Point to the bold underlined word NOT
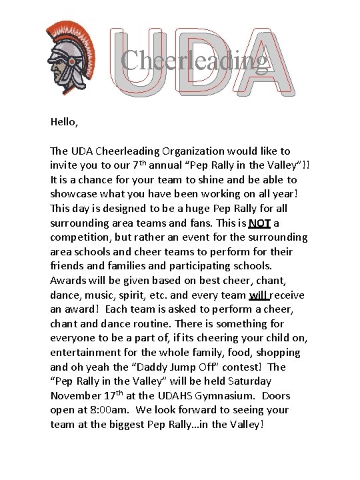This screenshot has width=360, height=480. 259,223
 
